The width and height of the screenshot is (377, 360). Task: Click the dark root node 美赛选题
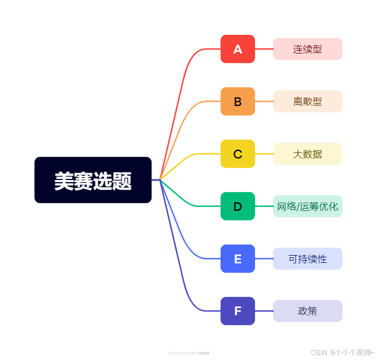coord(93,180)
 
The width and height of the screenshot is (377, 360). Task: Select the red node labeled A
coord(237,49)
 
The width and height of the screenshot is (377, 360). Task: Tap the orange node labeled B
coord(237,102)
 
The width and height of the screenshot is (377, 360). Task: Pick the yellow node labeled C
coord(237,154)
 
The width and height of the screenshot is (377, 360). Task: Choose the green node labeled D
coord(237,207)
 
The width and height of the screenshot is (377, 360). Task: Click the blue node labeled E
coord(237,259)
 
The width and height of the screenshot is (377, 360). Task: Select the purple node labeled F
coord(237,311)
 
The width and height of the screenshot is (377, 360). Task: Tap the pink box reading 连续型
coord(307,49)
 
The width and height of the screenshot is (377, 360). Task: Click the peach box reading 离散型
coord(307,102)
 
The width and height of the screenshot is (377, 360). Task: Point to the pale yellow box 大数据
coord(307,154)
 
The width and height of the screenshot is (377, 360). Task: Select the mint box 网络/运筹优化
coord(307,207)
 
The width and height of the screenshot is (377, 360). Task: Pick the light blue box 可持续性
coord(307,259)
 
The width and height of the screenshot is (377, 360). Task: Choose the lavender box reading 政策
coord(307,311)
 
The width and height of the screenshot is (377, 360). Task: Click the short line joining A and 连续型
coord(264,49)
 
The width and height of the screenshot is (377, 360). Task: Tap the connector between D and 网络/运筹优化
coord(264,207)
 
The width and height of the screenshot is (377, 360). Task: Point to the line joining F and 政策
coord(264,311)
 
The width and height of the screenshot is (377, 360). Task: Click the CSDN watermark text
coord(342,352)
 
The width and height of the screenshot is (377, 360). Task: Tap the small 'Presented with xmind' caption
coord(188,353)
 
